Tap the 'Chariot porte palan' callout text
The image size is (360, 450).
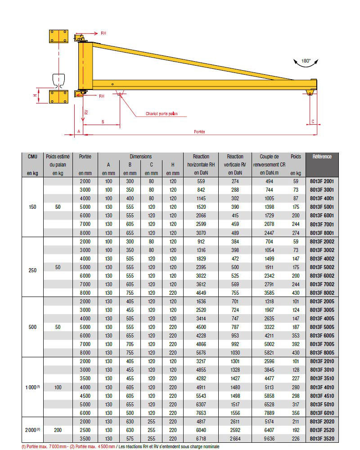tap(161, 114)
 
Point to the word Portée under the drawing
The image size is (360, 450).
tap(199, 131)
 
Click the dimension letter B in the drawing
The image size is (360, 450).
tap(103, 122)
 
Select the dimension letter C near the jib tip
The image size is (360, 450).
tap(313, 121)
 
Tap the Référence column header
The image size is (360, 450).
tap(322, 157)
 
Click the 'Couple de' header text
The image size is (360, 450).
tap(269, 157)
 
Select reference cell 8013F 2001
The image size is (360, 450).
tap(322, 181)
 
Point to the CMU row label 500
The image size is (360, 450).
tap(32, 327)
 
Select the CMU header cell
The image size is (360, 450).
tap(32, 157)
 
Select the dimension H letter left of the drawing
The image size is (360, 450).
tap(35, 96)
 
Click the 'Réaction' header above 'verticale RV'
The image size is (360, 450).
tap(235, 157)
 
